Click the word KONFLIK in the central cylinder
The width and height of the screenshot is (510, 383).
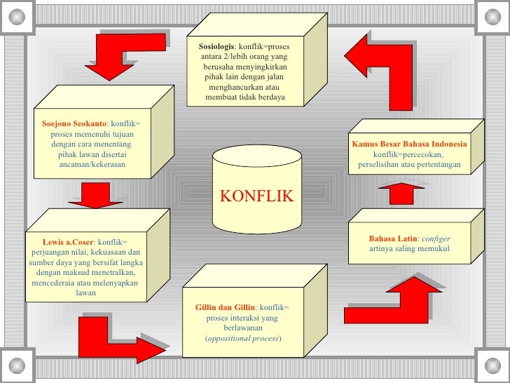coord(257,196)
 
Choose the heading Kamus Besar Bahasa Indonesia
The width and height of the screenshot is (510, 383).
coord(409,144)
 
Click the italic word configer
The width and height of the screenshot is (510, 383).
coord(436,239)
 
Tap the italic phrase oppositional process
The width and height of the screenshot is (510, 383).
coord(242,339)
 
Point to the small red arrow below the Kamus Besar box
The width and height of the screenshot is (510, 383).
coord(402,190)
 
